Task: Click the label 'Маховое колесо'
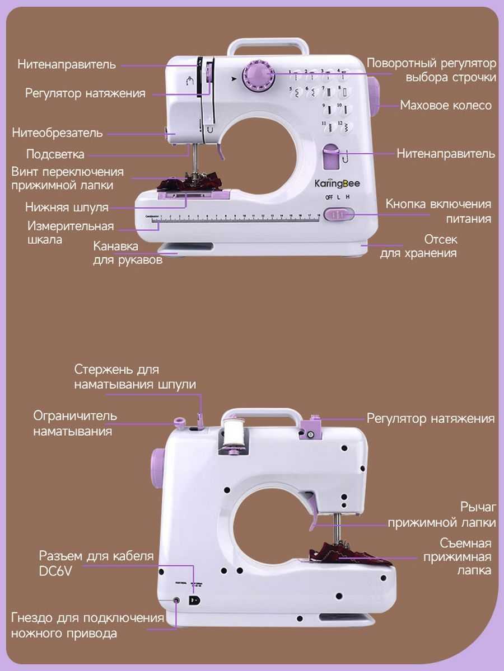(x=446, y=105)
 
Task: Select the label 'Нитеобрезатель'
(x=58, y=133)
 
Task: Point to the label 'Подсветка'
(x=55, y=154)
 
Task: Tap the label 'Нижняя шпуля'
(x=67, y=207)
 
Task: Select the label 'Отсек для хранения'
(x=418, y=246)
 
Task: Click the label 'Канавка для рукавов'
(x=128, y=253)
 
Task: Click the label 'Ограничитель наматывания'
(x=75, y=423)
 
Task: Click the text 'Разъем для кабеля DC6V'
(x=96, y=564)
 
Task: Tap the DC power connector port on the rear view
(x=194, y=601)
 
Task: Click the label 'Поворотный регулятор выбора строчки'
(x=432, y=70)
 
